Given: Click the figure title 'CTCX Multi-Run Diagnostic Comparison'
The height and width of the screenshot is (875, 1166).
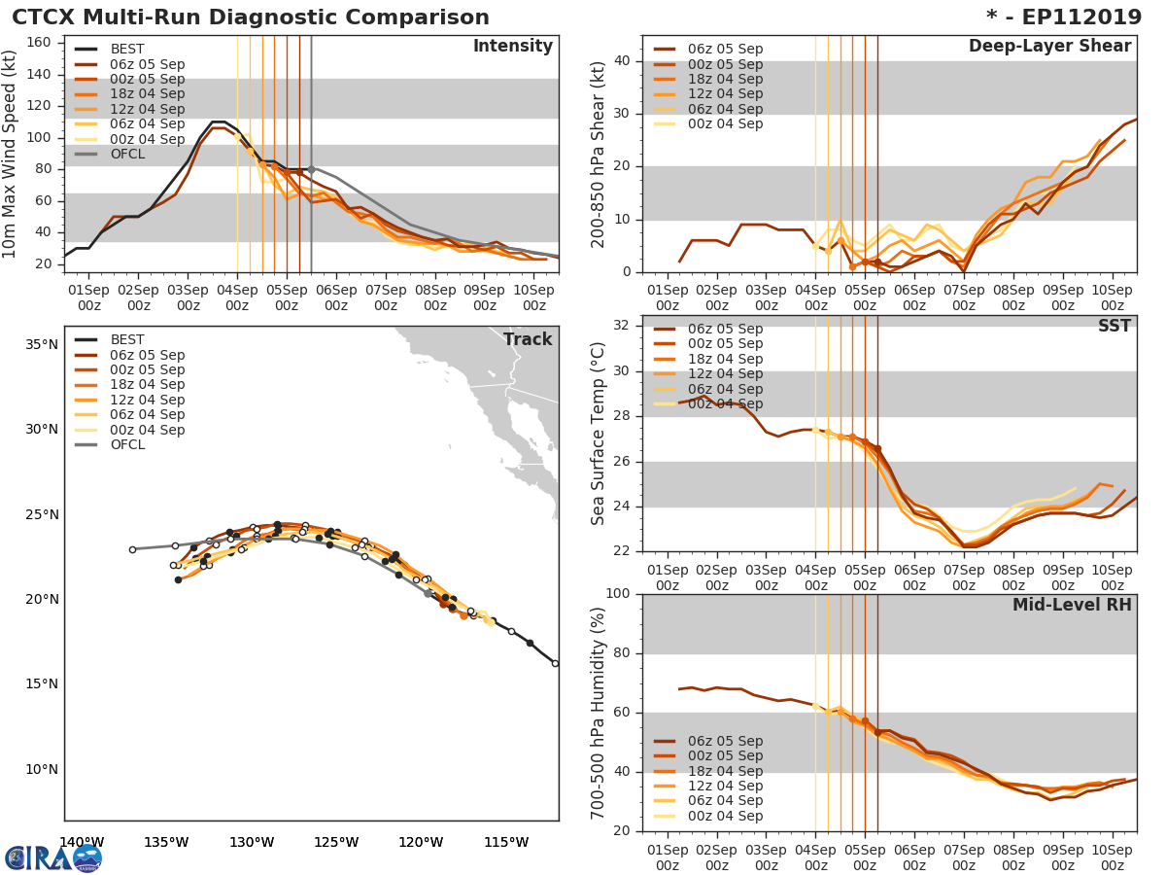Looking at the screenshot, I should click(x=251, y=17).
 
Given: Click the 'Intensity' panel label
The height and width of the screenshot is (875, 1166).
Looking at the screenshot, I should click(x=512, y=47).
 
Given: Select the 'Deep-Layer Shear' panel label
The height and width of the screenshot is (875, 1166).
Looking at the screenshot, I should click(x=1049, y=47).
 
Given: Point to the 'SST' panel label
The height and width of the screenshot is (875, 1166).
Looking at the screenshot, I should click(x=1115, y=327).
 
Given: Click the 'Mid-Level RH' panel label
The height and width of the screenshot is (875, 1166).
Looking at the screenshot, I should click(x=1072, y=606).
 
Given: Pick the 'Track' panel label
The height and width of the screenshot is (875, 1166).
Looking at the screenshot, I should click(x=528, y=339).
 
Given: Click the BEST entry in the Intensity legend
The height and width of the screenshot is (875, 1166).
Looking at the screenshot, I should click(x=127, y=49).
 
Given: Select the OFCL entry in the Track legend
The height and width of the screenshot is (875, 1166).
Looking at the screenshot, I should click(x=127, y=444).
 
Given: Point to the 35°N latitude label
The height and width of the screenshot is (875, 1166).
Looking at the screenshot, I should click(x=42, y=344).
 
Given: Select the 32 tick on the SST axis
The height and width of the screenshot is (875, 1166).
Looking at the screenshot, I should click(x=622, y=326).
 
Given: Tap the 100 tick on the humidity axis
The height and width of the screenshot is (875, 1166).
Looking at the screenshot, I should click(x=618, y=594).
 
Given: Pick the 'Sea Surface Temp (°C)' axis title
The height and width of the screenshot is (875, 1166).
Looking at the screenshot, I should click(x=599, y=433).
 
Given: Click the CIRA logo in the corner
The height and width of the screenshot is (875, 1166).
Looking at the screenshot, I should click(x=53, y=857).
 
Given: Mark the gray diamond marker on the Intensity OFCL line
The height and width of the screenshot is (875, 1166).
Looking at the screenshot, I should click(x=311, y=169).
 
